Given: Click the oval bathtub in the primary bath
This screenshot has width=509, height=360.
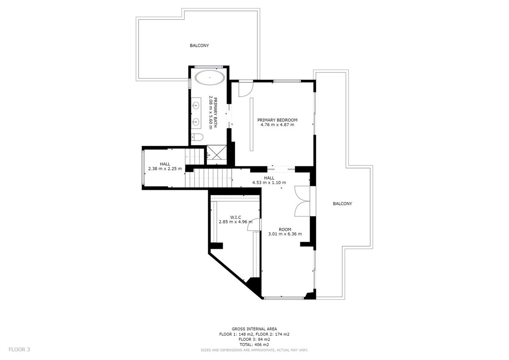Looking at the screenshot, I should [210, 79].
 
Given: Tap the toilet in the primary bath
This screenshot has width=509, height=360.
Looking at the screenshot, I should [197, 137].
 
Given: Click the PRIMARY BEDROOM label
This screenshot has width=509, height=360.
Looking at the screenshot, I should [277, 120].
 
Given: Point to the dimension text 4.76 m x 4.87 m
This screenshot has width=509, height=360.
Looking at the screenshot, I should [277, 125].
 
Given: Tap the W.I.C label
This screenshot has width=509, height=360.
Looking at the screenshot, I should [235, 217].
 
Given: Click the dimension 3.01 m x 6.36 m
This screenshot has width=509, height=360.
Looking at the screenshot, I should [285, 234].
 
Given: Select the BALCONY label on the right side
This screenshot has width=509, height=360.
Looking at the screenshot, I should [342, 204].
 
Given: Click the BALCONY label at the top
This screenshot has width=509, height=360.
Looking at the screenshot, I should [199, 45].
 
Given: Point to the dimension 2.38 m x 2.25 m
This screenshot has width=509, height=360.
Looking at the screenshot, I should [165, 169].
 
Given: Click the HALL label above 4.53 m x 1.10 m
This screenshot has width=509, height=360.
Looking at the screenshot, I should [269, 178].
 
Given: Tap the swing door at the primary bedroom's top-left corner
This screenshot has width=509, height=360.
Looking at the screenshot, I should [245, 88].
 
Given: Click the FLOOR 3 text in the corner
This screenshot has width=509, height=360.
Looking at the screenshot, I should [20, 350].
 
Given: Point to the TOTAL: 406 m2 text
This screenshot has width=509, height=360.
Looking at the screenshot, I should [255, 344].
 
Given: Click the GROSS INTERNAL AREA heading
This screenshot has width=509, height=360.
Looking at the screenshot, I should [255, 329].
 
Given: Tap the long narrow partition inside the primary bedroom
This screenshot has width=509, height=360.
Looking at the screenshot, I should [251, 124].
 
